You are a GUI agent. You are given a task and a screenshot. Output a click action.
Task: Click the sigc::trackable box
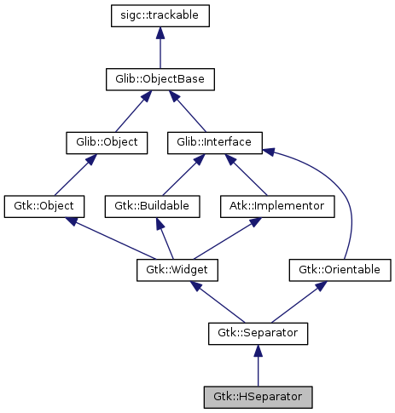coord(160,15)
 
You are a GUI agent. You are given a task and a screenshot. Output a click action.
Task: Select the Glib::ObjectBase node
coord(160,80)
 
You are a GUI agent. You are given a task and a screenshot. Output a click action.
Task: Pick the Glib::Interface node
coord(214,142)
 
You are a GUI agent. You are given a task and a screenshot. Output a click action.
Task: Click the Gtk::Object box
coord(44,206)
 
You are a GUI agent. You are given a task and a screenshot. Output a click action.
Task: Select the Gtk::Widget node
coord(177,270)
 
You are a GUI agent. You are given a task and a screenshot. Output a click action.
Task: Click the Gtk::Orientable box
coord(339,270)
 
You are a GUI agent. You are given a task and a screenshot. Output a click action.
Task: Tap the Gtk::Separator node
coord(258,333)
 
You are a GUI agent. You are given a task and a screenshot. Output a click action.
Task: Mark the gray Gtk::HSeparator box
coord(258,397)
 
